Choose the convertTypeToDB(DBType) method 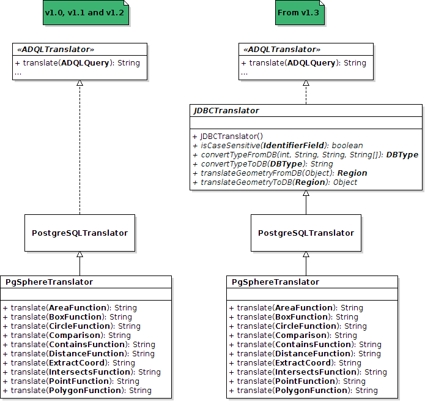point(267,164)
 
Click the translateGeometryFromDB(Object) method point(284,173)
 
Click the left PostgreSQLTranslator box point(79,233)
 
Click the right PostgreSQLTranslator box point(306,233)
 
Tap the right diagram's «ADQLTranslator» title point(281,49)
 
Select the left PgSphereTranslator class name point(49,282)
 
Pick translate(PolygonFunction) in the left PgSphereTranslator point(77,391)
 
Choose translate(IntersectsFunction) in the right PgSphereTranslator point(308,372)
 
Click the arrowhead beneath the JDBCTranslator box point(306,194)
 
